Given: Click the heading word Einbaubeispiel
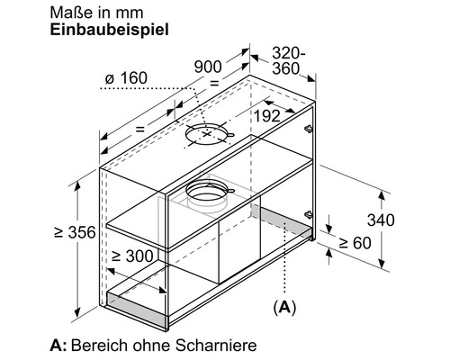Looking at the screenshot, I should [x=103, y=28].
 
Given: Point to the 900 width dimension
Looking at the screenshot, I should [x=209, y=66].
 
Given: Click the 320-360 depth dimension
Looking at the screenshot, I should [x=289, y=60].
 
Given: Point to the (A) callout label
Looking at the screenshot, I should [x=283, y=307].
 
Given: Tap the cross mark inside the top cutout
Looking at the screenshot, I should [x=209, y=135].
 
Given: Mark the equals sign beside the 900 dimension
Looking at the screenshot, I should [x=214, y=82].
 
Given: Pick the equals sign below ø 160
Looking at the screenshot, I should [x=139, y=129].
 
